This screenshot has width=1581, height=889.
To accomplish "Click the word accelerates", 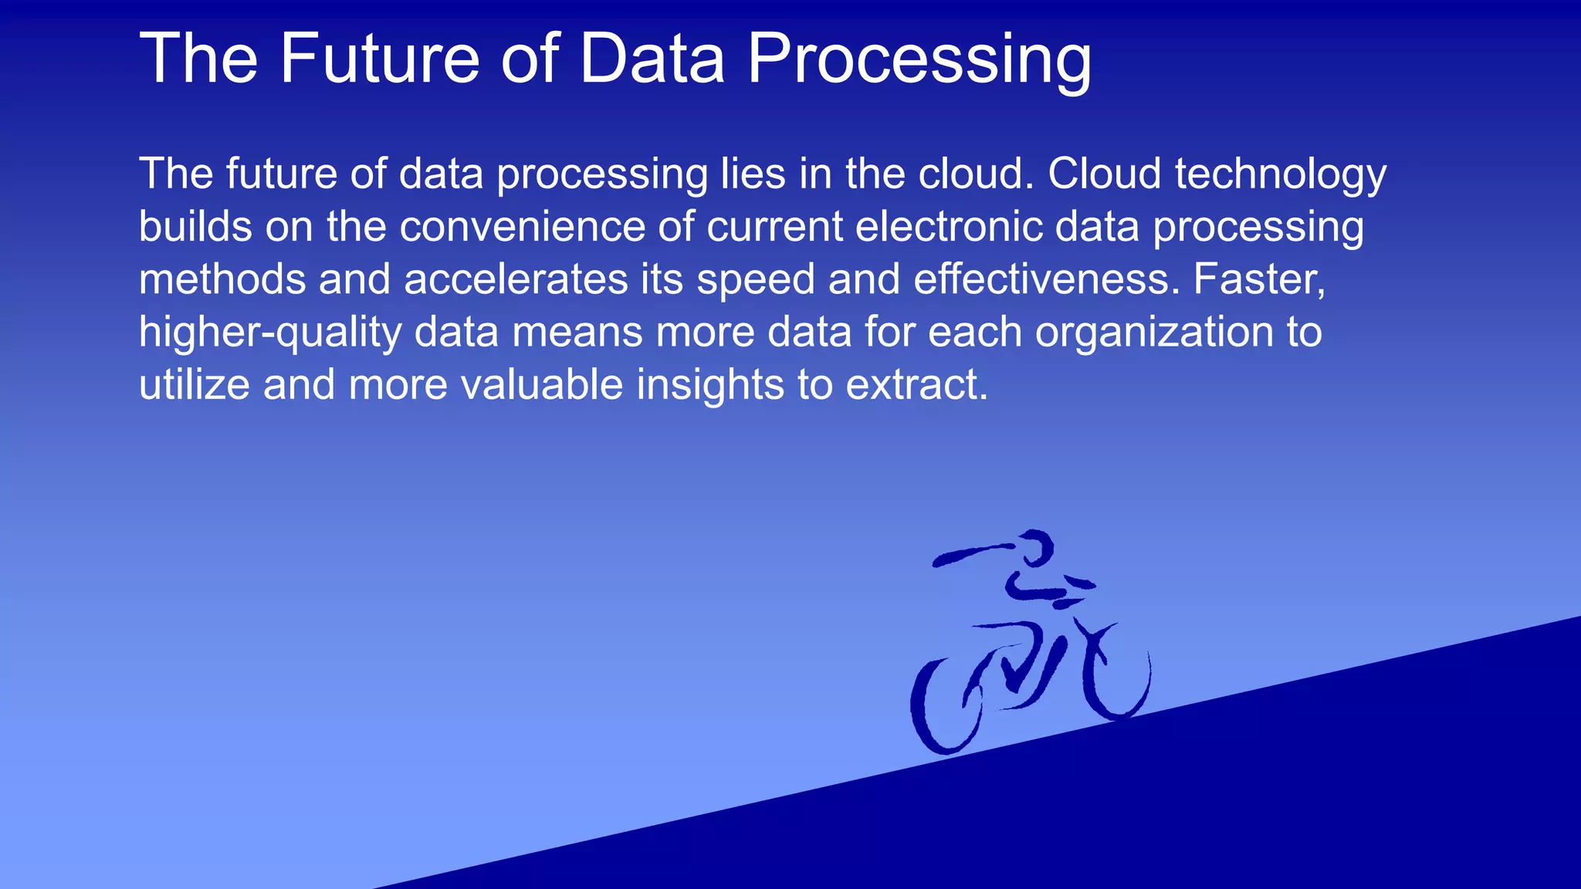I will pyautogui.click(x=516, y=279).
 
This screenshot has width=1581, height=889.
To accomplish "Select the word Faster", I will pyautogui.click(x=1259, y=279).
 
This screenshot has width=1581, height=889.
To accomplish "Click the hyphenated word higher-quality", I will pyautogui.click(x=269, y=333).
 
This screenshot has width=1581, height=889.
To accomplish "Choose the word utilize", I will pyautogui.click(x=194, y=384).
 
